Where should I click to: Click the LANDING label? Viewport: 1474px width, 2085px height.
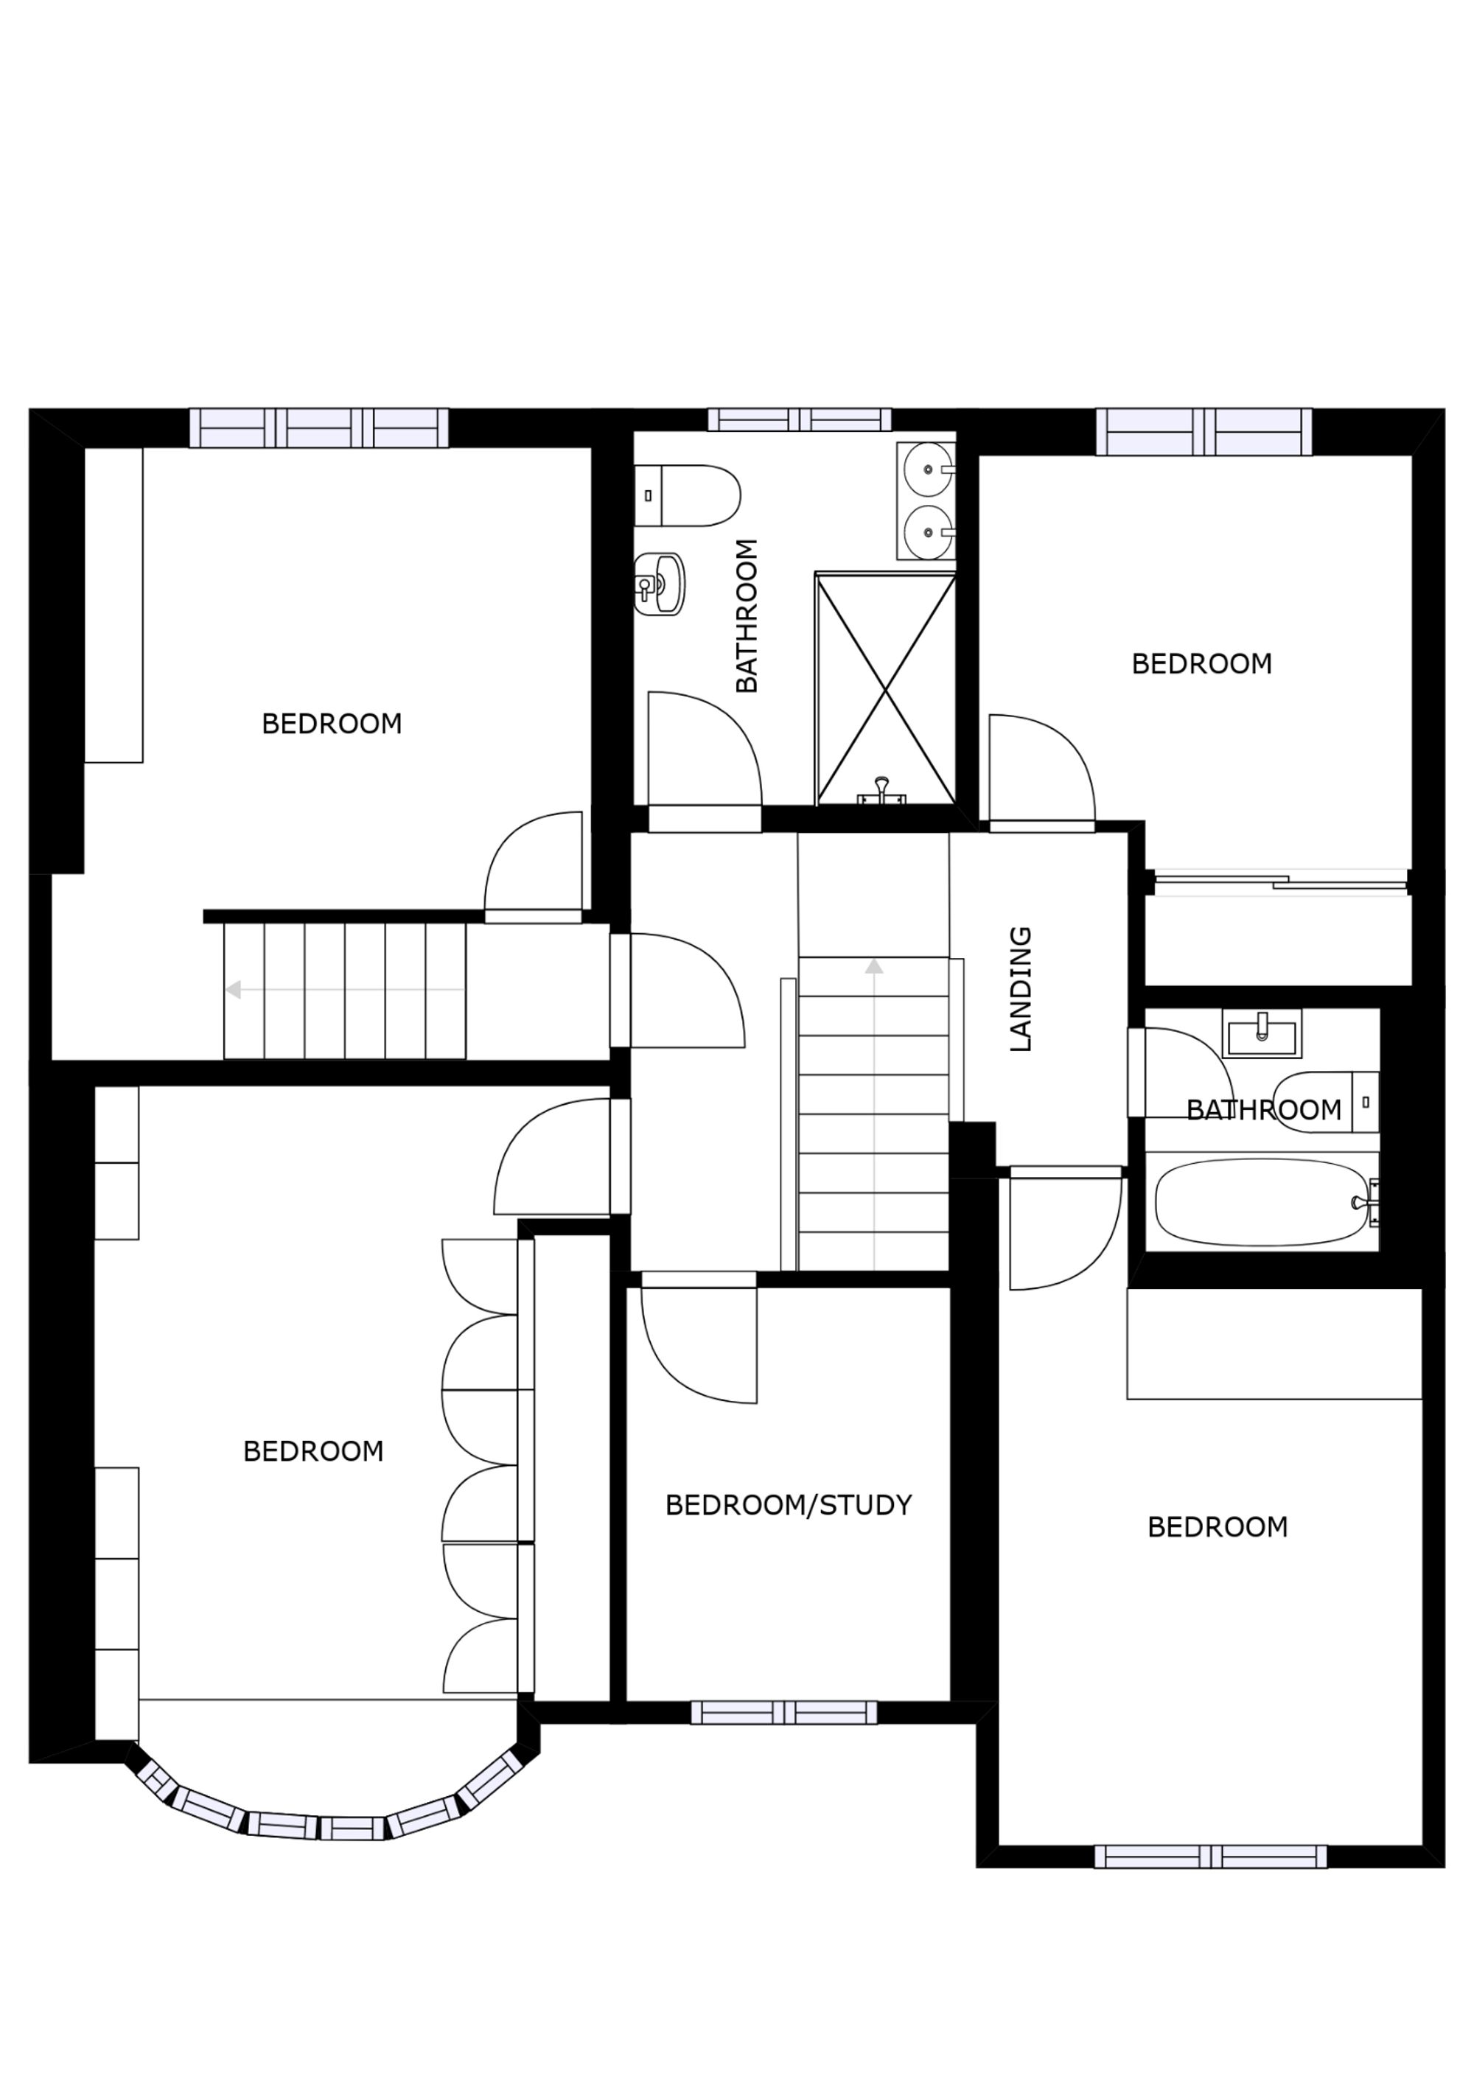pyautogui.click(x=1021, y=989)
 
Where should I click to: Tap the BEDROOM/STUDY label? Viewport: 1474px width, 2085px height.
pyautogui.click(x=789, y=1506)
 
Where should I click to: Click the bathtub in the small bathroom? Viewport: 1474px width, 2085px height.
pyautogui.click(x=1260, y=1202)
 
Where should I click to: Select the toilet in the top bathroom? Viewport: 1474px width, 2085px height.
pyautogui.click(x=688, y=496)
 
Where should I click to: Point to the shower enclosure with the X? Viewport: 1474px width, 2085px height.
pyautogui.click(x=885, y=690)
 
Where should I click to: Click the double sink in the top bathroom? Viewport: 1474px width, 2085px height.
pyautogui.click(x=926, y=500)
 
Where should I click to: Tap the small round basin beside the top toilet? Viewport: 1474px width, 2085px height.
pyautogui.click(x=660, y=584)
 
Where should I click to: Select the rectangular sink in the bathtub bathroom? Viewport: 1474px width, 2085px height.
pyautogui.click(x=1262, y=1033)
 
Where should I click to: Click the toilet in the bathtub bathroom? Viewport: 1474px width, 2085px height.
pyautogui.click(x=1325, y=1103)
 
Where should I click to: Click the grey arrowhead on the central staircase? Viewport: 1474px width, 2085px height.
pyautogui.click(x=873, y=966)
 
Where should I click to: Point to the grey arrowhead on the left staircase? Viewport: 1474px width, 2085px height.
pyautogui.click(x=234, y=990)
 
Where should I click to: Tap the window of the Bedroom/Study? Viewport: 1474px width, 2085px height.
pyautogui.click(x=783, y=1713)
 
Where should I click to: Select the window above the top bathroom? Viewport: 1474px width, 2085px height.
pyautogui.click(x=799, y=419)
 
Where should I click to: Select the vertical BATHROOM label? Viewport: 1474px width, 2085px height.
pyautogui.click(x=747, y=615)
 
